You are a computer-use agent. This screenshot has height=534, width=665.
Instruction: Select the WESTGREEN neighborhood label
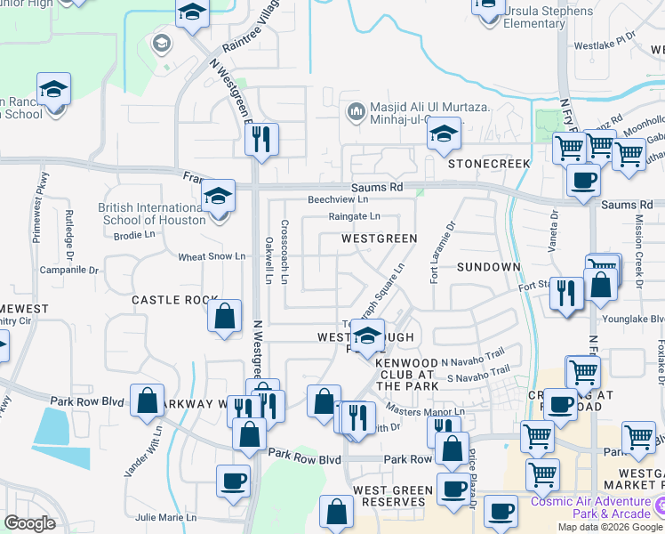380,239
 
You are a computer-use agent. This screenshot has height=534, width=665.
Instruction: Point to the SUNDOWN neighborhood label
488,267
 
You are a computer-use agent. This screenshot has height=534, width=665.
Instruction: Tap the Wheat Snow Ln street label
212,256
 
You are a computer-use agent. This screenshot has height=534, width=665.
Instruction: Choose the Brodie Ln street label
136,236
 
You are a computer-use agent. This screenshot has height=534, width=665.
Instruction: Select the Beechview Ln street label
338,200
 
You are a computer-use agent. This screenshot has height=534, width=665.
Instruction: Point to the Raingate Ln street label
354,216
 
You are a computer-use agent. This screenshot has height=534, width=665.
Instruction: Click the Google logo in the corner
29,523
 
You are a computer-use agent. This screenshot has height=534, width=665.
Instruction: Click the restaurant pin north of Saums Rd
261,139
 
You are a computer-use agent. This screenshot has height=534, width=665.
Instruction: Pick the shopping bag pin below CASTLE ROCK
226,315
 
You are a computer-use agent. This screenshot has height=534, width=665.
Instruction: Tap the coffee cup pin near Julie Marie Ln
233,481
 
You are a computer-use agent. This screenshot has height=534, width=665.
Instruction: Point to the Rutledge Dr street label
69,226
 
